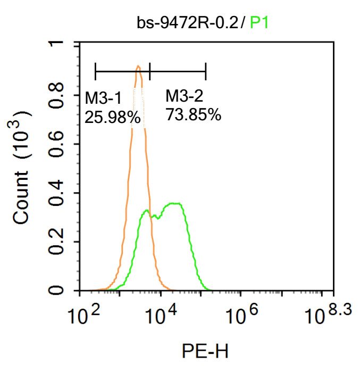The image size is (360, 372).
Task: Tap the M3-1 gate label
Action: [104, 98]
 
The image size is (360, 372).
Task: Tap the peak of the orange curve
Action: [138, 67]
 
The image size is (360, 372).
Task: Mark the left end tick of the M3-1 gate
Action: [95, 70]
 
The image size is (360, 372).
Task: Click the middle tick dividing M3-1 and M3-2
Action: [150, 70]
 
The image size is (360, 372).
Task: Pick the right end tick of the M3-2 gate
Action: [206, 70]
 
